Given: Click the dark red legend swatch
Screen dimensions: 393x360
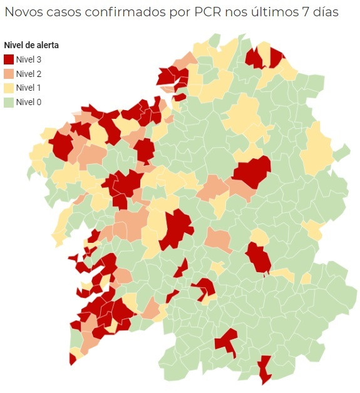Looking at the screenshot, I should pyautogui.click(x=9, y=59).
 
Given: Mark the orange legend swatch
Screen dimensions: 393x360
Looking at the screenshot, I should pyautogui.click(x=9, y=74).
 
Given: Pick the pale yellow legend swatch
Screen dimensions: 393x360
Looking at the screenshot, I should pyautogui.click(x=9, y=88).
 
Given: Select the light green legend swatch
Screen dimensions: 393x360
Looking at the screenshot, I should pyautogui.click(x=9, y=102).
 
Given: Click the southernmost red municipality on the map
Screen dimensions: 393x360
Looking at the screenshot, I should pyautogui.click(x=265, y=369).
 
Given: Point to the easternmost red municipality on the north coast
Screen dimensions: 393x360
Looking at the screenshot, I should pyautogui.click(x=275, y=56).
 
